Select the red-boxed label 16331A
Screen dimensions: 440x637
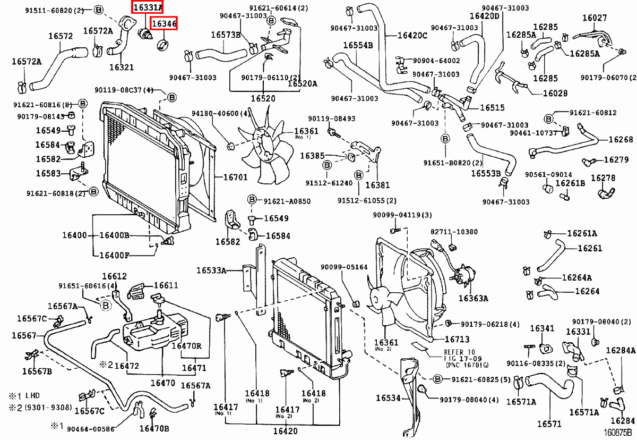click(148, 7)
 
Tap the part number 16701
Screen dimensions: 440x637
click(235, 177)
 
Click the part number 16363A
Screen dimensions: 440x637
click(473, 298)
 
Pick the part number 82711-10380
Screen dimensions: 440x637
click(454, 232)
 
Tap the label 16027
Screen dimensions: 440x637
click(594, 18)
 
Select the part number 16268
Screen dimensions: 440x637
click(621, 140)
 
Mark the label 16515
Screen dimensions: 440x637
click(492, 107)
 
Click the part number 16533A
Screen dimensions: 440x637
click(211, 270)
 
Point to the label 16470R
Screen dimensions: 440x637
click(186, 345)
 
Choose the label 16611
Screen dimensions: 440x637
click(166, 285)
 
